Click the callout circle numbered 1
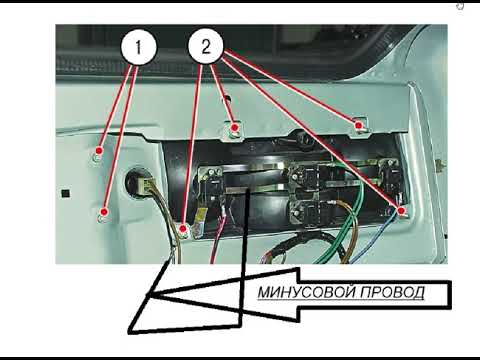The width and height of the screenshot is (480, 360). click(138, 47)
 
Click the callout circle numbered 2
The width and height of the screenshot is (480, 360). click(206, 46)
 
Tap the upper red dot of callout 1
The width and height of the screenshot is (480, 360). click(99, 150)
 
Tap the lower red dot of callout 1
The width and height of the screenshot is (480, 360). click(104, 212)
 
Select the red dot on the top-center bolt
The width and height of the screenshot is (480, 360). click(235, 127)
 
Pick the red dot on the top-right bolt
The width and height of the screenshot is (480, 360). click(358, 126)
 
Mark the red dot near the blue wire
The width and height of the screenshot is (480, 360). click(401, 211)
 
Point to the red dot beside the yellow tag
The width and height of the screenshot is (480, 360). click(183, 229)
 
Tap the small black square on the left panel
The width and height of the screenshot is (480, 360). click(66, 193)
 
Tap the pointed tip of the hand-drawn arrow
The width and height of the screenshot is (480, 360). click(147, 295)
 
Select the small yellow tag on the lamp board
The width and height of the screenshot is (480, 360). click(200, 216)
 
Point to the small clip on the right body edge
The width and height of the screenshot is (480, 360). click(441, 164)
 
